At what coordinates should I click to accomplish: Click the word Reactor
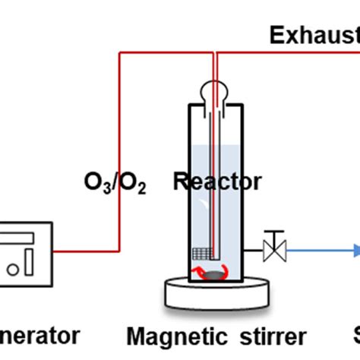tap(217, 182)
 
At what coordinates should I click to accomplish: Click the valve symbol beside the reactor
tap(270, 249)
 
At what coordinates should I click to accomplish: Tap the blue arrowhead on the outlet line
tap(355, 249)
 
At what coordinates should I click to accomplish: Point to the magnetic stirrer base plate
tap(216, 293)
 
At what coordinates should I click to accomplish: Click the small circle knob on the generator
tap(12, 268)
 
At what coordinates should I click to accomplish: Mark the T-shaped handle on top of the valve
tap(270, 233)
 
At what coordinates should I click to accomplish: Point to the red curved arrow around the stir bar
tap(202, 274)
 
